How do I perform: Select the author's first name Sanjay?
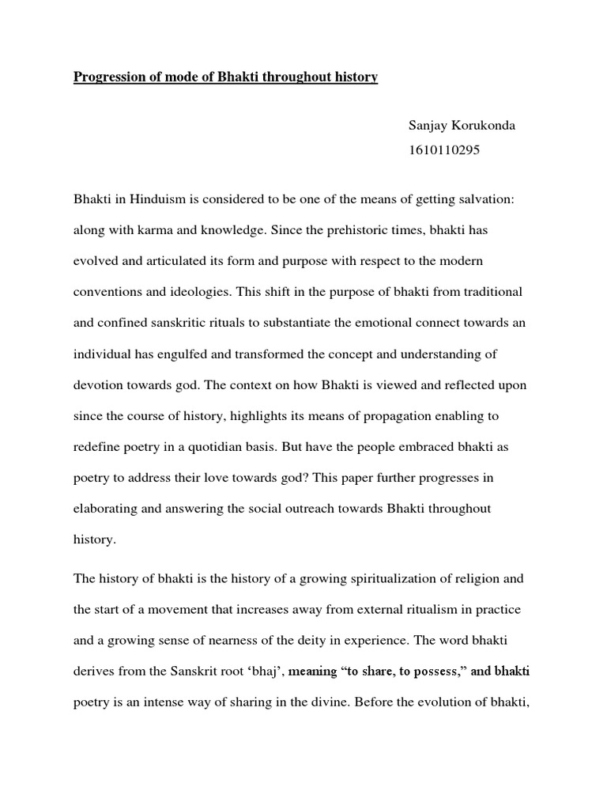[x=428, y=127]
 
